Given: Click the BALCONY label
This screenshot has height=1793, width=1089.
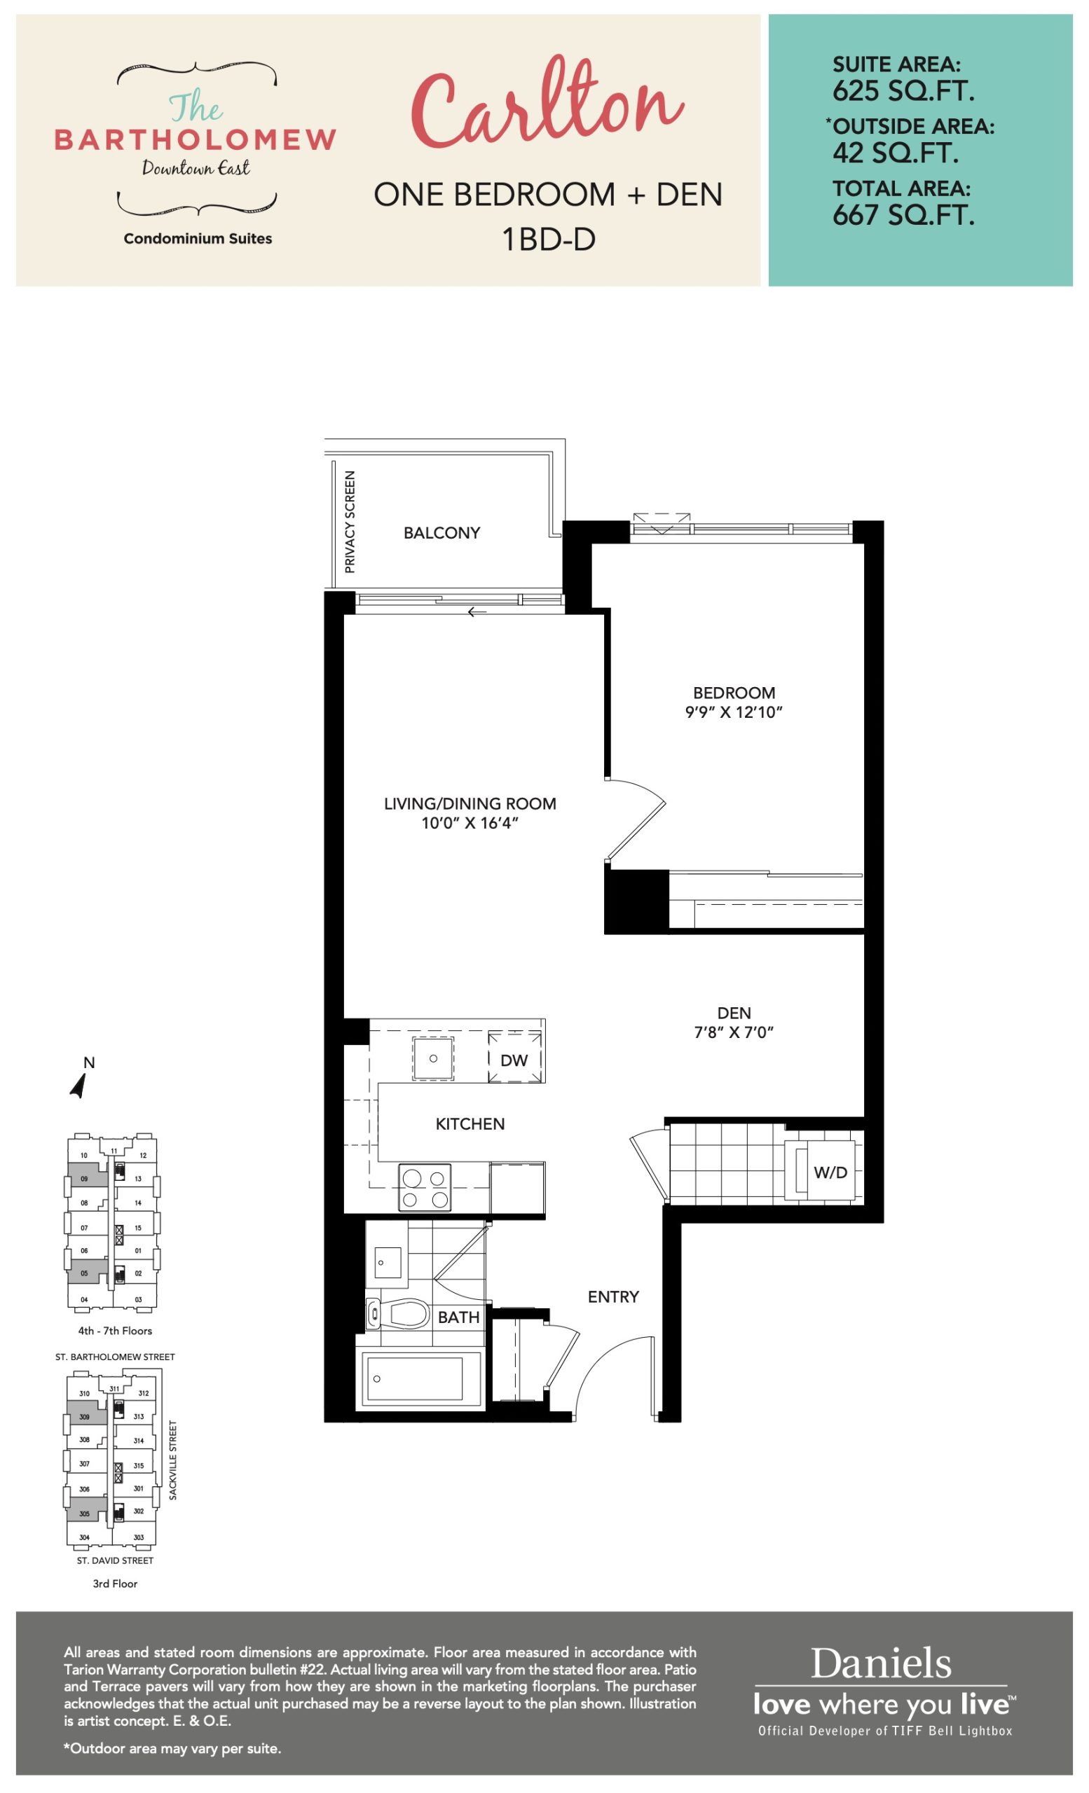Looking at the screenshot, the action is point(442,533).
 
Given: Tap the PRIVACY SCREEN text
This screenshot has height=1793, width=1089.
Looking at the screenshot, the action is point(350,522).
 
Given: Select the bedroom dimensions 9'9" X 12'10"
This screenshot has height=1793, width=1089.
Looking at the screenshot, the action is point(734,712).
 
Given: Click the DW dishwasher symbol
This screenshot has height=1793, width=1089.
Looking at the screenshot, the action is point(514,1060).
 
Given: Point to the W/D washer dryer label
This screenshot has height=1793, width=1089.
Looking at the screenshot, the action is point(830,1172).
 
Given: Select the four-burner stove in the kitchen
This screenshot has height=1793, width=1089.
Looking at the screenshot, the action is point(425,1187).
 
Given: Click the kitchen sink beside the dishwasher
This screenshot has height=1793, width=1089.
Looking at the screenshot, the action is point(433,1058).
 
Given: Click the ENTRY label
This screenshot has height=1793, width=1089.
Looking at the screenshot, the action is point(614,1296).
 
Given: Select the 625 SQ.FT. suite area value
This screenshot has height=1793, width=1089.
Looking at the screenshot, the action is point(903,91).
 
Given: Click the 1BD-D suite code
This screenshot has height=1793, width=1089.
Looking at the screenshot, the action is point(548,239).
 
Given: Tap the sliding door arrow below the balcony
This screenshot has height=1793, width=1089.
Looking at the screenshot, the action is point(477,612).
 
